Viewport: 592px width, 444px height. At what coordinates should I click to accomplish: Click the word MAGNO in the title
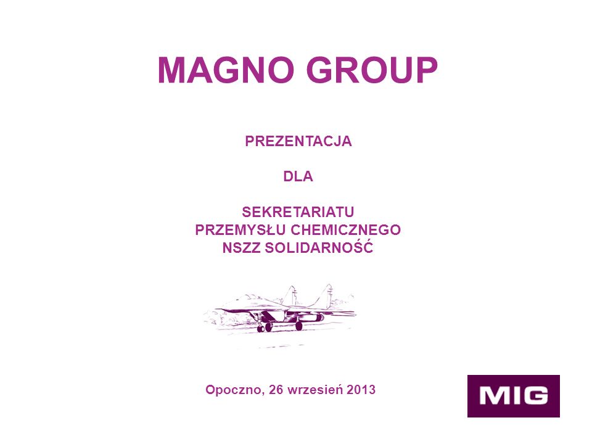[226, 70]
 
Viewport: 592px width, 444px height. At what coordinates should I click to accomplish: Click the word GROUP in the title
[372, 70]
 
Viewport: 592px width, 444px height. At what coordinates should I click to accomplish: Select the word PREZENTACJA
[298, 141]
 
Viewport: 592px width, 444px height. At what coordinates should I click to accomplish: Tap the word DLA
[298, 176]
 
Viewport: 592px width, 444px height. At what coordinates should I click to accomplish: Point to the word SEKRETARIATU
[298, 212]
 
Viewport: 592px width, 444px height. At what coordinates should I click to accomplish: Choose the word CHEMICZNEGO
[346, 230]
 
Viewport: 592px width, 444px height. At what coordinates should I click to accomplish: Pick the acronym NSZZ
[241, 248]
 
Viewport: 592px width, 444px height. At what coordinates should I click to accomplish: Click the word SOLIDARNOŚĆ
[319, 247]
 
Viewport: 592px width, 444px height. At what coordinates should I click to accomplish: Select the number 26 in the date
[276, 389]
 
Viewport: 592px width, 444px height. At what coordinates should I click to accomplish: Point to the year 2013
[361, 389]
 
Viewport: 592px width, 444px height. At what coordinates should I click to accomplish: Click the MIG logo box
[514, 396]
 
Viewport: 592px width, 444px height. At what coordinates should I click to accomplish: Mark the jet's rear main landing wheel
[298, 326]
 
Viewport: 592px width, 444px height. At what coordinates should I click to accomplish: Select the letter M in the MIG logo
[494, 396]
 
